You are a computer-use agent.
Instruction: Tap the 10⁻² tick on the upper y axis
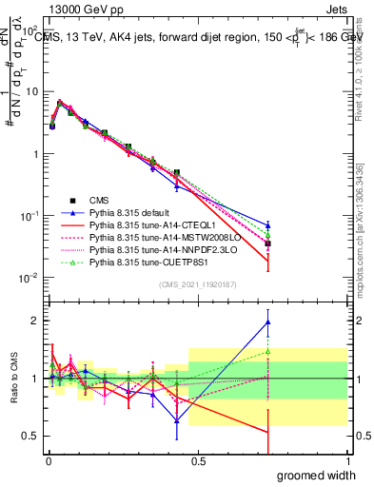click(x=33, y=278)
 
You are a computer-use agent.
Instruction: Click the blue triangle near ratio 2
click(x=268, y=321)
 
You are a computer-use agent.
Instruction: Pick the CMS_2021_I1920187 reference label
click(x=198, y=285)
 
